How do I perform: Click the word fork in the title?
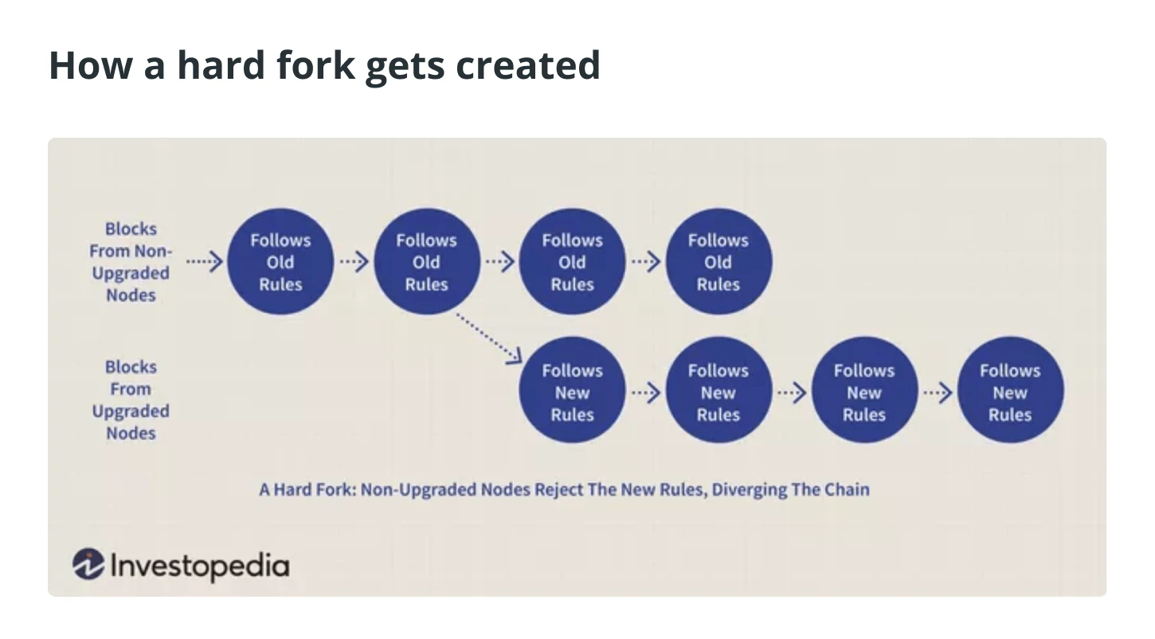315,65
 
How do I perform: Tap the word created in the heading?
528,66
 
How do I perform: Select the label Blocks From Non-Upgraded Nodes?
131,262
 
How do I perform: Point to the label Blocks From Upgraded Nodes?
131,400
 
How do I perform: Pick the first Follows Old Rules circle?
280,261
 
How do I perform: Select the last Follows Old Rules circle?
718,261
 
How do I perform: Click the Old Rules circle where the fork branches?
426,261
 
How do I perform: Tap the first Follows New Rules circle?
573,390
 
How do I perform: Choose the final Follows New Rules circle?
1010,390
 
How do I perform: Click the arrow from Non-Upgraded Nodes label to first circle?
205,262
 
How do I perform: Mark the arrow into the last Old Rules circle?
646,262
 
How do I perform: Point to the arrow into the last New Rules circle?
938,393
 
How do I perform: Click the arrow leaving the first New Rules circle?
646,393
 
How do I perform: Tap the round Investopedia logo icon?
88,563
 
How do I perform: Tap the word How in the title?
91,65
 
